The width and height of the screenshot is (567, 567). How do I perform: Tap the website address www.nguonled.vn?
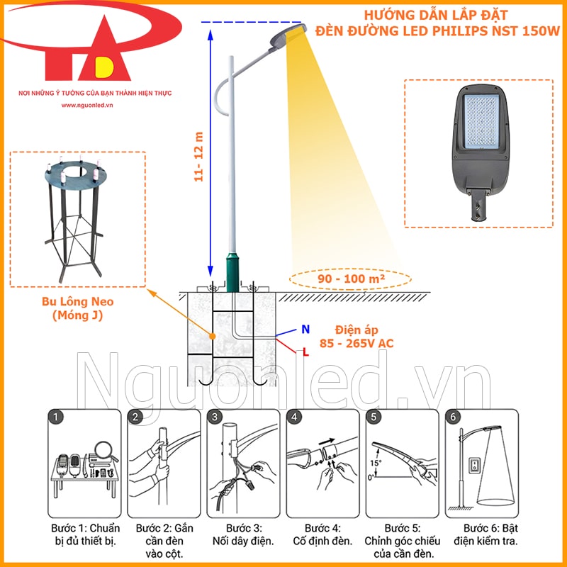pyautogui.click(x=88, y=104)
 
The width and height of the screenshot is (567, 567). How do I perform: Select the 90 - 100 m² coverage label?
pyautogui.click(x=351, y=279)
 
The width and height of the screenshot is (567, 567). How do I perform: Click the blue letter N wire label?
pyautogui.click(x=305, y=329)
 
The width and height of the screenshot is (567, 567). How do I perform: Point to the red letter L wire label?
pyautogui.click(x=305, y=351)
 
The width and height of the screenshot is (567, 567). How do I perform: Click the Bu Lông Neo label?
pyautogui.click(x=78, y=302)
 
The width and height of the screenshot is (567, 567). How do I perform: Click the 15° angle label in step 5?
pyautogui.click(x=374, y=463)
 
